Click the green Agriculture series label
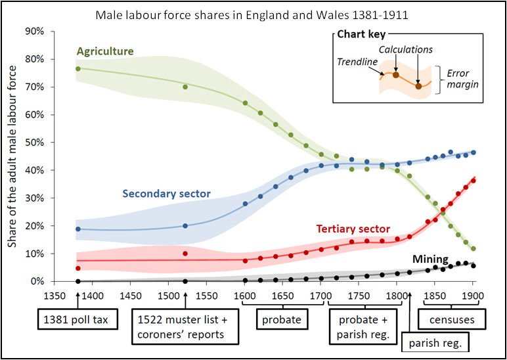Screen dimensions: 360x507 pos(105,51)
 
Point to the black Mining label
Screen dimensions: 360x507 pos(431,259)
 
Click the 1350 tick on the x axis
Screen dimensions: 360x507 pos(52,296)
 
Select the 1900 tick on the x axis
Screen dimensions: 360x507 pos(472,296)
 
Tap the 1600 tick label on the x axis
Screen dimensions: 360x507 pos(244,296)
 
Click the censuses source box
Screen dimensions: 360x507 pos(450,321)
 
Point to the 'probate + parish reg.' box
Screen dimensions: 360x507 pos(364,326)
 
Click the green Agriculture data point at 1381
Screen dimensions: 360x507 pos(77,69)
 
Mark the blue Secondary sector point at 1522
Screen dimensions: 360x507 pos(185,225)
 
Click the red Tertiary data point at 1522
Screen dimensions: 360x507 pos(185,254)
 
